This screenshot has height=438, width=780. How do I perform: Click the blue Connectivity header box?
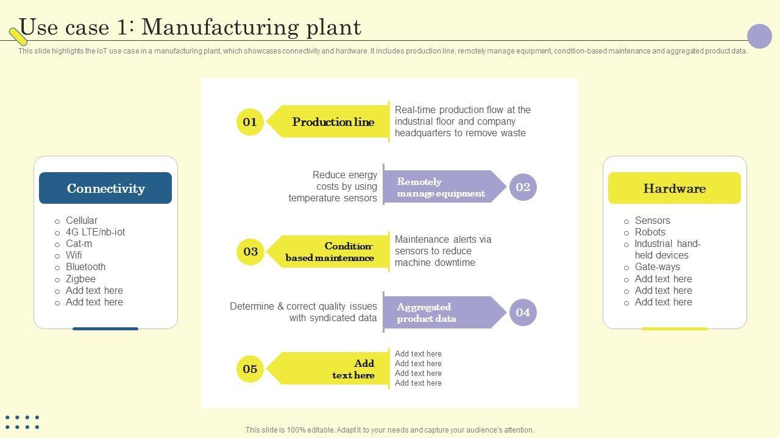[x=105, y=188]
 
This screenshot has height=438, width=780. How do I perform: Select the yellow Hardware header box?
[x=674, y=188]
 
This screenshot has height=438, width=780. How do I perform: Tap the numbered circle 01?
[x=250, y=122]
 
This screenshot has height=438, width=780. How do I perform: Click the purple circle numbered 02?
[x=523, y=187]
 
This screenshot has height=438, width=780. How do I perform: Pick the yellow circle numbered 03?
[x=250, y=252]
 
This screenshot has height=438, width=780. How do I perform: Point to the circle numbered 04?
[x=523, y=313]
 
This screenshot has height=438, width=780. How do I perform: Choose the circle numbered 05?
[x=250, y=369]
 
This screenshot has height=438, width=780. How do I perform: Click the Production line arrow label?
[x=332, y=122]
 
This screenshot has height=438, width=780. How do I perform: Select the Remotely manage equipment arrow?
[x=441, y=187]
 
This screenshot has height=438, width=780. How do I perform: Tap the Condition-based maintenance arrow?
[x=330, y=252]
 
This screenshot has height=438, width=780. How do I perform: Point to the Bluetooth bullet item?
[x=85, y=267]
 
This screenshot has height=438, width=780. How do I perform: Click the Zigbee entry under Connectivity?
[x=80, y=279]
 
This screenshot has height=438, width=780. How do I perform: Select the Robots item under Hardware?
[x=650, y=232]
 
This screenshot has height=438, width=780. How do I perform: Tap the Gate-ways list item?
[x=657, y=267]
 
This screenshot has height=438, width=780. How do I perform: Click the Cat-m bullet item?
[x=79, y=244]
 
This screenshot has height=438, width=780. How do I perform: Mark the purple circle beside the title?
[x=759, y=36]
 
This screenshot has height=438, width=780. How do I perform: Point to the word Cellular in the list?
[x=81, y=221]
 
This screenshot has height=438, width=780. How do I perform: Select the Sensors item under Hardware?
[x=652, y=221]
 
